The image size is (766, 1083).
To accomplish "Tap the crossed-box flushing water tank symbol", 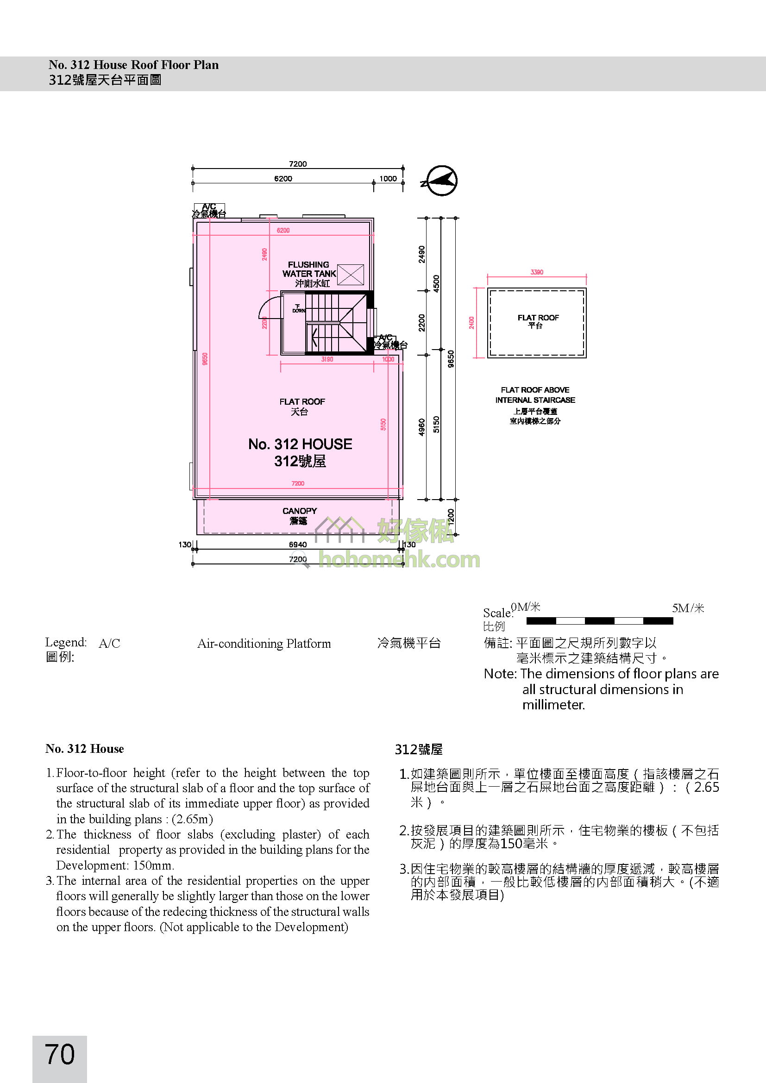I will tap(351, 275).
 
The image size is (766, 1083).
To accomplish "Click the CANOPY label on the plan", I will tap(300, 511).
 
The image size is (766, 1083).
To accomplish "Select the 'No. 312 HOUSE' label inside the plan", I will tap(300, 444).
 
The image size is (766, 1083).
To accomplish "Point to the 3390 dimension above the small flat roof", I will tap(537, 272).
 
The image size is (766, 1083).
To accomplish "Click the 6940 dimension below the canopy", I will tap(298, 545).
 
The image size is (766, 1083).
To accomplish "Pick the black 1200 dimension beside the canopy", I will tap(451, 517).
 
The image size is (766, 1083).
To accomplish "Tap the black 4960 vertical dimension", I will tap(422, 427).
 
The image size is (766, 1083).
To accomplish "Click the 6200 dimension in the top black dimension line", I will tap(283, 179).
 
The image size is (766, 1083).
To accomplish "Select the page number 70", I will tap(60, 1054).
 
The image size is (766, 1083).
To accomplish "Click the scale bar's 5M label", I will tap(688, 608).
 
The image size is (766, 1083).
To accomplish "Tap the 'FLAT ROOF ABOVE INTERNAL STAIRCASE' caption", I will tap(535, 395).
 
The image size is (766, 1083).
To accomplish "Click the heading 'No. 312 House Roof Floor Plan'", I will tap(133, 65).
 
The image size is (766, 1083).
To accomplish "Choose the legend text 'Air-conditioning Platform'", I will tap(264, 644).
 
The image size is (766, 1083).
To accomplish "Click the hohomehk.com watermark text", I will tap(399, 560).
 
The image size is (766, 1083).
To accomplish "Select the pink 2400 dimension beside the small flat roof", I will tap(471, 323).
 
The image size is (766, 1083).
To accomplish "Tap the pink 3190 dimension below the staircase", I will tap(327, 359).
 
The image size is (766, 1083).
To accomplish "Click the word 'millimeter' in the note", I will tap(553, 705).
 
